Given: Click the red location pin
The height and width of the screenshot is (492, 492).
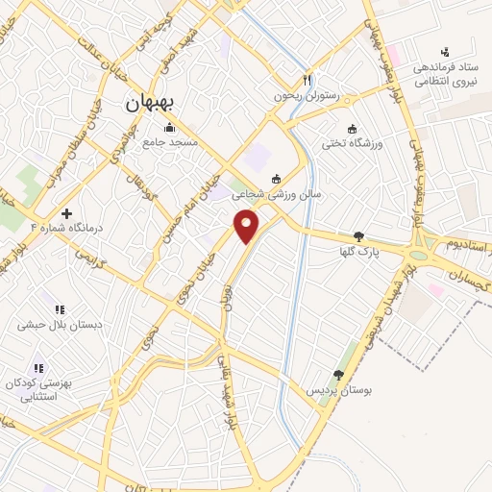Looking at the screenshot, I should pos(247,227).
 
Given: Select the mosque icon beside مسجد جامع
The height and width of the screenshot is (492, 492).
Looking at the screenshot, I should pos(170,128).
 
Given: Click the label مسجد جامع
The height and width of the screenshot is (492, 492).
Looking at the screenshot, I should pos(170,142).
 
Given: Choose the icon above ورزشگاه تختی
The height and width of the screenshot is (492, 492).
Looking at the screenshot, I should pos(352,130).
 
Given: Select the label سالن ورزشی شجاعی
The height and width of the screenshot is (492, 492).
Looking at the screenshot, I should pos(279,193).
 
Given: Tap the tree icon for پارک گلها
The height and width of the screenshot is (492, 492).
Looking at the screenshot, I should pos(358,236).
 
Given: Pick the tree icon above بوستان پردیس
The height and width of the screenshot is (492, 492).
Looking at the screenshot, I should pos(337,376).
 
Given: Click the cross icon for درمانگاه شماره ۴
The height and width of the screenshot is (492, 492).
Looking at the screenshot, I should pos(65,212).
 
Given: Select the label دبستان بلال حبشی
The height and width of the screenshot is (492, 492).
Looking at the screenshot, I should pos(60,325).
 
